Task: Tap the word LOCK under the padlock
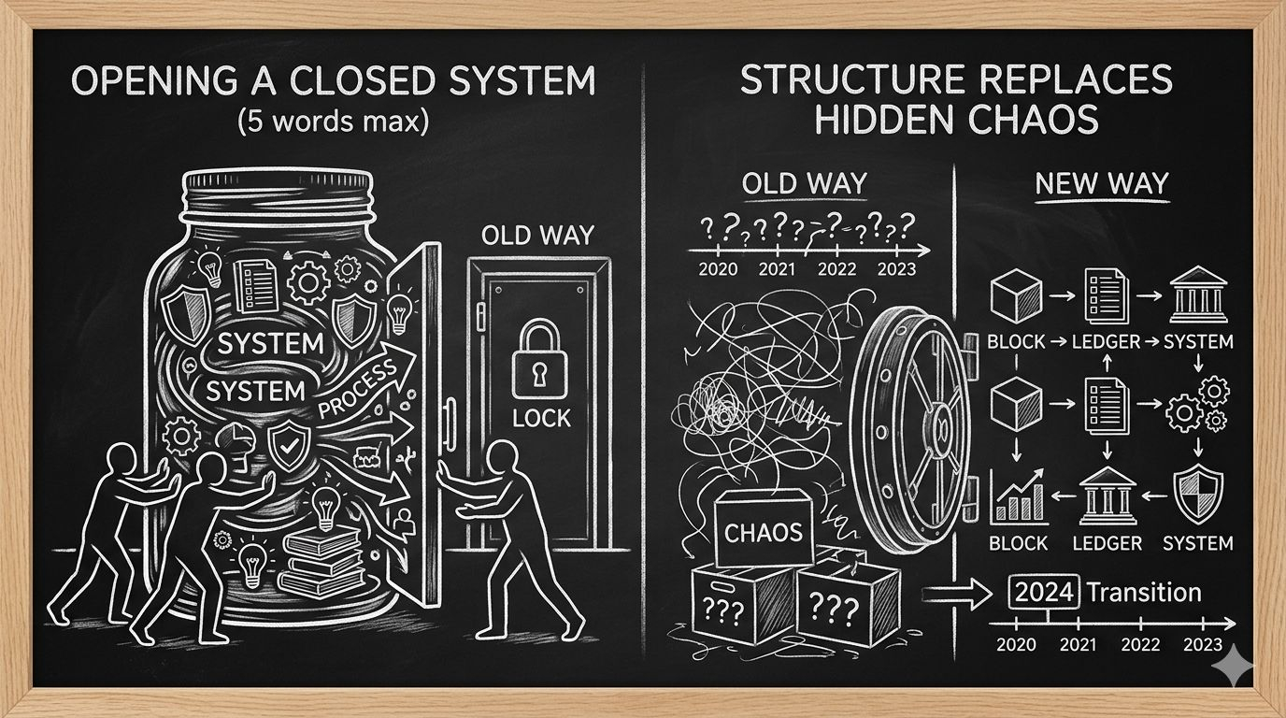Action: (541, 419)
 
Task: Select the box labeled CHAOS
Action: (764, 532)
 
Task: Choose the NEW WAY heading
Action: (1102, 184)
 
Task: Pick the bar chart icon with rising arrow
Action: (1017, 495)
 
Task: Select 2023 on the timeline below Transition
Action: (1202, 644)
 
